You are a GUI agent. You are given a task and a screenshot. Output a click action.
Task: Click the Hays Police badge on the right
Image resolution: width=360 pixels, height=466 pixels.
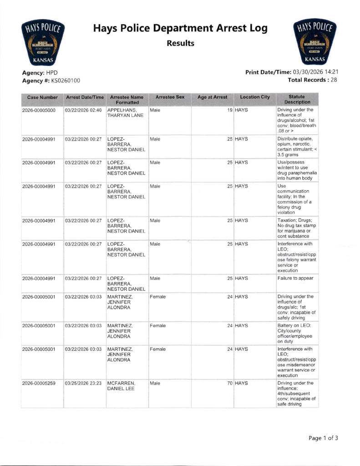click(316, 42)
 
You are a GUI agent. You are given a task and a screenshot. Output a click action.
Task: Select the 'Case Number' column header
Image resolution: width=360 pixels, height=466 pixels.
click(42, 97)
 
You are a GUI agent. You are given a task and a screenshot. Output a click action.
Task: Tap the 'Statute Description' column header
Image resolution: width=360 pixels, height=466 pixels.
click(297, 99)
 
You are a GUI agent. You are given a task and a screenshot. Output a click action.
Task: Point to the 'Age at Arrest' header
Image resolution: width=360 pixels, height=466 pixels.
click(212, 97)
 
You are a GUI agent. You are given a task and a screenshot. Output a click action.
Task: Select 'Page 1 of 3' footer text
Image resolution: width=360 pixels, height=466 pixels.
click(323, 438)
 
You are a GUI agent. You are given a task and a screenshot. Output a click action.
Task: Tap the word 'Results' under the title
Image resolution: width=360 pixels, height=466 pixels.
click(180, 44)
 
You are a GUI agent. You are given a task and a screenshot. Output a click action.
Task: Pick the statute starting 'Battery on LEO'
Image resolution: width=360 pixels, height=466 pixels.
click(297, 333)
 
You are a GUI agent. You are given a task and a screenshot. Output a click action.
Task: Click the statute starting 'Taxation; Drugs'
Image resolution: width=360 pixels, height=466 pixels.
click(297, 228)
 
